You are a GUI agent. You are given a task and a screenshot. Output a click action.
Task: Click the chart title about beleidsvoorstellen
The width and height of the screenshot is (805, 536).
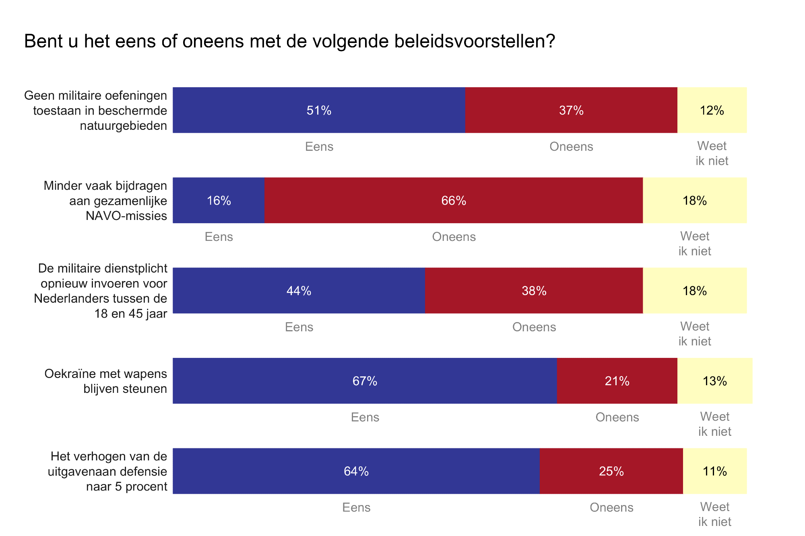[x=289, y=41]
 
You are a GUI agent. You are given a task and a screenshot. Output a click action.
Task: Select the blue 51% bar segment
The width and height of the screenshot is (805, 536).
[x=319, y=110]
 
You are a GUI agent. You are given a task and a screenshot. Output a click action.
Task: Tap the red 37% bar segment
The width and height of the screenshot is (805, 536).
[x=571, y=110]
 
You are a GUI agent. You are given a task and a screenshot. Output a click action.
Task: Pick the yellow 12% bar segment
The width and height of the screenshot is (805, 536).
[x=712, y=110]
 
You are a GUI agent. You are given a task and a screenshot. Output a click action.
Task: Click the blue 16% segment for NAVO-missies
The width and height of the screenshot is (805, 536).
[x=219, y=200]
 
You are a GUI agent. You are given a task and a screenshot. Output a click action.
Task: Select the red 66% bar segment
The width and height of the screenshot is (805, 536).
[x=454, y=200]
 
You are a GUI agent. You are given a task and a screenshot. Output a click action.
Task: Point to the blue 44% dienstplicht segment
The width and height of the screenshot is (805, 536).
[x=299, y=290]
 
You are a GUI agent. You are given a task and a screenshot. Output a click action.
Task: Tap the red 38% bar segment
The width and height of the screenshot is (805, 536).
[x=534, y=290]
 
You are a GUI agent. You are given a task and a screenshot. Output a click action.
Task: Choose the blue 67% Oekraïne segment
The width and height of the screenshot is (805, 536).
[x=365, y=381]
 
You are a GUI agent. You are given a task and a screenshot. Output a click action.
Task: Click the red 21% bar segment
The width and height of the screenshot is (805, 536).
[x=617, y=381]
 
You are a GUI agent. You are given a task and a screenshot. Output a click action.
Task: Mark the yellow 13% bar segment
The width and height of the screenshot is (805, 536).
[x=715, y=381]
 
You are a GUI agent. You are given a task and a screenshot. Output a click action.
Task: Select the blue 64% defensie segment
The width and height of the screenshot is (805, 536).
[x=356, y=471]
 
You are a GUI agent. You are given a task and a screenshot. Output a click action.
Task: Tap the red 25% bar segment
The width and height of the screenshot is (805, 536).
[x=611, y=471]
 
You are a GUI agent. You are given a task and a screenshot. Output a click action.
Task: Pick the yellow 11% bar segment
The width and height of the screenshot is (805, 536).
[x=715, y=471]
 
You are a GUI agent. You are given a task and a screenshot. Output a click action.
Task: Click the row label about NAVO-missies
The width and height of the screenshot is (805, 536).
[x=105, y=200]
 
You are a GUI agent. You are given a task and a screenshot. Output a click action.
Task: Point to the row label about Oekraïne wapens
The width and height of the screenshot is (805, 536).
[x=105, y=381]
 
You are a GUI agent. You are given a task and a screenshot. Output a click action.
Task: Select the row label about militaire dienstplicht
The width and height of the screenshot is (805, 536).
[x=101, y=290]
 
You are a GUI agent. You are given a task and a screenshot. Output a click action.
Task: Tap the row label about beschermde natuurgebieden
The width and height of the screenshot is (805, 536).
[x=96, y=110]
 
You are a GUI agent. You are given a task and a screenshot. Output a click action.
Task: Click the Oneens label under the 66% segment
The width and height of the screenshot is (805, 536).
[x=454, y=236]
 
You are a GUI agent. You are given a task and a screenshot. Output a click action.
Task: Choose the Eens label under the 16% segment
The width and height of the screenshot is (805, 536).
[x=219, y=236]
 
